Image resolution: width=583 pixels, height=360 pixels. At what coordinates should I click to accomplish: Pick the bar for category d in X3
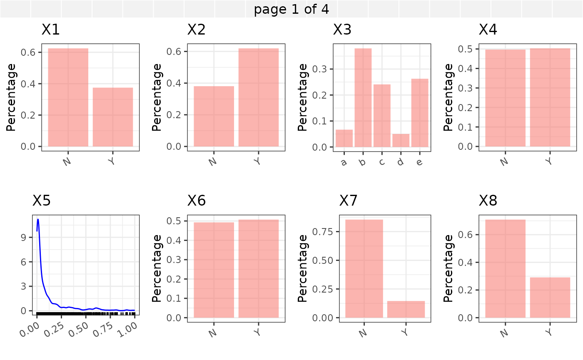(x=401, y=140)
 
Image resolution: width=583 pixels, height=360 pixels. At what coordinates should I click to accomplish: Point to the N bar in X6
(x=214, y=270)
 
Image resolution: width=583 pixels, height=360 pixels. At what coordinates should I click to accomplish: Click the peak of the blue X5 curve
(x=38, y=219)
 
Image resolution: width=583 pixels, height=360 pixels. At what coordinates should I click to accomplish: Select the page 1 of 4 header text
(x=291, y=9)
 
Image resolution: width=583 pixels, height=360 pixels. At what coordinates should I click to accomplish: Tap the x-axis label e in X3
(x=419, y=161)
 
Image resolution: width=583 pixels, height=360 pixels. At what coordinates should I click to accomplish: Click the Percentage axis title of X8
(x=448, y=268)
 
